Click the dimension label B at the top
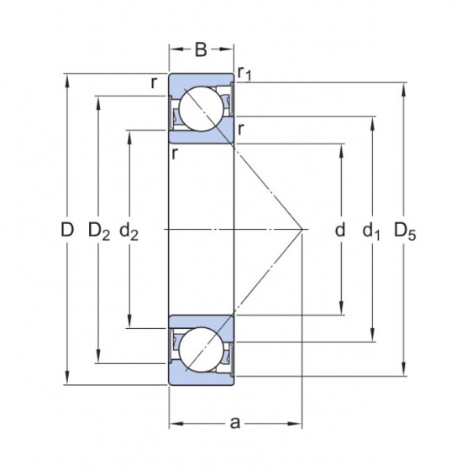[x=201, y=50]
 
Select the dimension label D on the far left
[x=67, y=230]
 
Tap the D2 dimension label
[x=99, y=232]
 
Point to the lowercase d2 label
[x=129, y=232]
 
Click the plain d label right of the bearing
[x=340, y=230]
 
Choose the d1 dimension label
[x=371, y=232]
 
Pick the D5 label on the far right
[x=405, y=232]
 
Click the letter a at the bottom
[x=235, y=423]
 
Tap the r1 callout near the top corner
[x=244, y=74]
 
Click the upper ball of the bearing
[x=202, y=108]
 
